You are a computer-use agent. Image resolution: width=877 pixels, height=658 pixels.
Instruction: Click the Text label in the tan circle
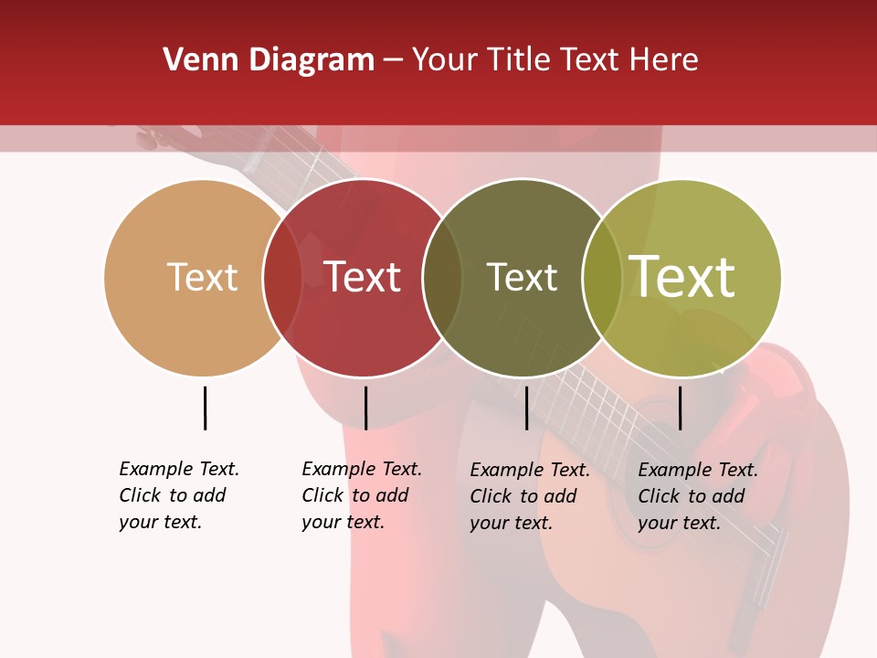point(202,277)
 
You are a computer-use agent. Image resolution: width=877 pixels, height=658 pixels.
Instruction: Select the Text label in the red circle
point(363,277)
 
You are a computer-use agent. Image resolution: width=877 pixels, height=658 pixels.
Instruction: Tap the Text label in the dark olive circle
point(522,277)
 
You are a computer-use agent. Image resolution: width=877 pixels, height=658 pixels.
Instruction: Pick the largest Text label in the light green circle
point(682,277)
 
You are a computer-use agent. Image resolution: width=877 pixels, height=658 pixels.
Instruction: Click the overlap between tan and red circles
point(282,277)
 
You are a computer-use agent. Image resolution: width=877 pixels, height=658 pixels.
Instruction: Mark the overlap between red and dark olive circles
point(442,277)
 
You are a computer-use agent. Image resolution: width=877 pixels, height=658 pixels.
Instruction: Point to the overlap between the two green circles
point(602,277)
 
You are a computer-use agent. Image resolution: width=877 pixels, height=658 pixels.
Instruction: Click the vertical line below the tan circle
point(205,408)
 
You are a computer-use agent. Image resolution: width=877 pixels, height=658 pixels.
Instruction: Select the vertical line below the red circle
point(365,408)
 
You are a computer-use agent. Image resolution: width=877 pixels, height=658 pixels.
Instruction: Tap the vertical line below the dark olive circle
point(526,408)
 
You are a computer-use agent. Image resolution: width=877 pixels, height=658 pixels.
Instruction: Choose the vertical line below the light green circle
point(680,408)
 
